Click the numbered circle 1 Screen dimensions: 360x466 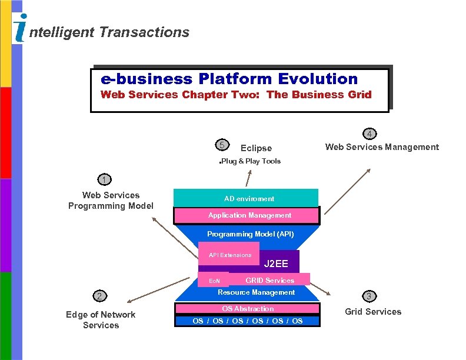(104, 179)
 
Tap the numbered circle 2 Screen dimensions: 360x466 (101, 295)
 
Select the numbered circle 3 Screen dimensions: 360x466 (370, 295)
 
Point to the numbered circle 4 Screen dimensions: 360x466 (370, 133)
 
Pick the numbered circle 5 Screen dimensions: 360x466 (221, 145)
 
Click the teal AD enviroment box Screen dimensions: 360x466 (246, 198)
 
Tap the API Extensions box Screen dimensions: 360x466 (228, 254)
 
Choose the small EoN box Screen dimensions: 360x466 (214, 281)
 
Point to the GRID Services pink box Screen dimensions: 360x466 (269, 279)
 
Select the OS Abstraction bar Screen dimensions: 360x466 (247, 308)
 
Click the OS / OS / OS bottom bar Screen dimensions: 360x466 (247, 321)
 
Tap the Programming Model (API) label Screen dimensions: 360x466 (250, 234)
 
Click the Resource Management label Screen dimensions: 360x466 (256, 292)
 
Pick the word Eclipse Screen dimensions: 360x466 (256, 148)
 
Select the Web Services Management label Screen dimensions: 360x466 (382, 147)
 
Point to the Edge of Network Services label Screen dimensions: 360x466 (101, 319)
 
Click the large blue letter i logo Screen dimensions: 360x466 (21, 28)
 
